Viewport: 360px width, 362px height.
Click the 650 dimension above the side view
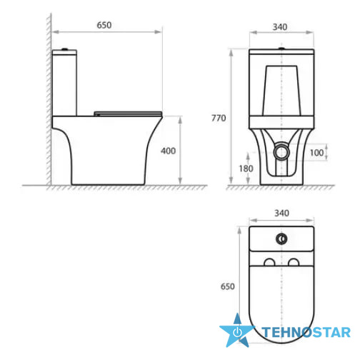[x=104, y=25]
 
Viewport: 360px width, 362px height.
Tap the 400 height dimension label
[x=169, y=151]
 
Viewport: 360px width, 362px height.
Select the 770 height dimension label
[x=219, y=118]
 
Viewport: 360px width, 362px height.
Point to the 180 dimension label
[x=246, y=169]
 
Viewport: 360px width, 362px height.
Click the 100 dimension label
[x=316, y=153]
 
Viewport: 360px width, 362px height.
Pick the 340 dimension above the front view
[x=280, y=27]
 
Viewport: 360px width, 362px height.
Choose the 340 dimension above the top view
[x=281, y=213]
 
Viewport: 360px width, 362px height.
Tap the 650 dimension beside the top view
[x=228, y=286]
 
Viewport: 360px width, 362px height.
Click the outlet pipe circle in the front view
[x=281, y=152]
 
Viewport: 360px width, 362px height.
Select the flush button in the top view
[x=281, y=238]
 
